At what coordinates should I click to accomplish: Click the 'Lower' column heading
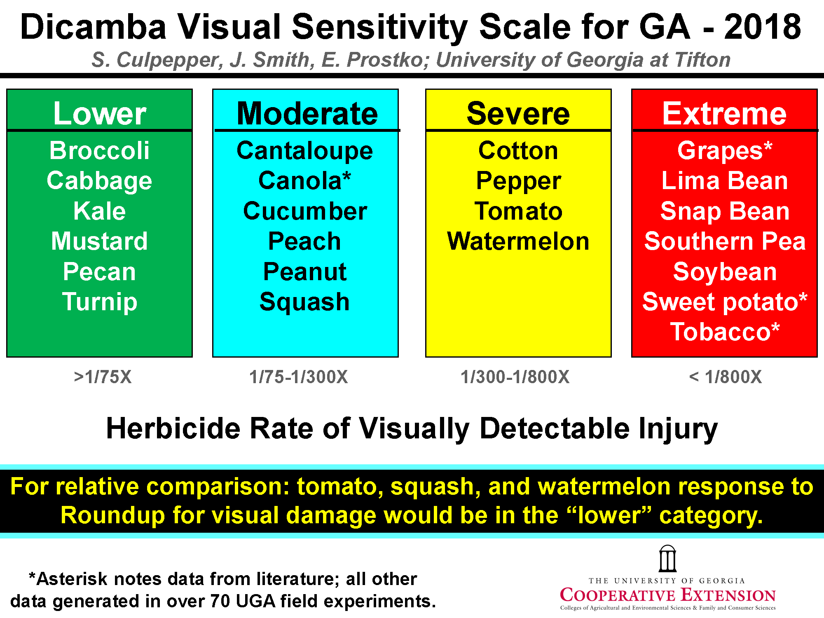(x=100, y=113)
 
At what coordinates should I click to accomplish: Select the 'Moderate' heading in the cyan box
(x=307, y=113)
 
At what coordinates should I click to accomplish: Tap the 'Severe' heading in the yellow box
(x=518, y=113)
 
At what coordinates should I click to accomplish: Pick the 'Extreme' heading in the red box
(x=724, y=113)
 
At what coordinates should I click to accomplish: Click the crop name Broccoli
(x=99, y=150)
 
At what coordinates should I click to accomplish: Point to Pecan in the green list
(x=99, y=272)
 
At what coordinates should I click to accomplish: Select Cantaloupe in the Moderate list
(x=305, y=150)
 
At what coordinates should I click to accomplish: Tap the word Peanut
(x=305, y=272)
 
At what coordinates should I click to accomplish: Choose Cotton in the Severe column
(x=518, y=150)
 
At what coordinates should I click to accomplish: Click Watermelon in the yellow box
(x=518, y=241)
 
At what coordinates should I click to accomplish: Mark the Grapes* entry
(x=724, y=150)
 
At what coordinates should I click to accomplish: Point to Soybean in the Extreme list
(x=725, y=272)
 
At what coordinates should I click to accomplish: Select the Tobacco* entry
(x=725, y=332)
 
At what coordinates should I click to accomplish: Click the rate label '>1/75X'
(x=103, y=377)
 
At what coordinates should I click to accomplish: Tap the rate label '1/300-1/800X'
(x=515, y=377)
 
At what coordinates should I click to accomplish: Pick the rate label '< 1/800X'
(x=725, y=377)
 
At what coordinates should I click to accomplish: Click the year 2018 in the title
(x=762, y=27)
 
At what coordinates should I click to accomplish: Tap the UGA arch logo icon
(x=667, y=559)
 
